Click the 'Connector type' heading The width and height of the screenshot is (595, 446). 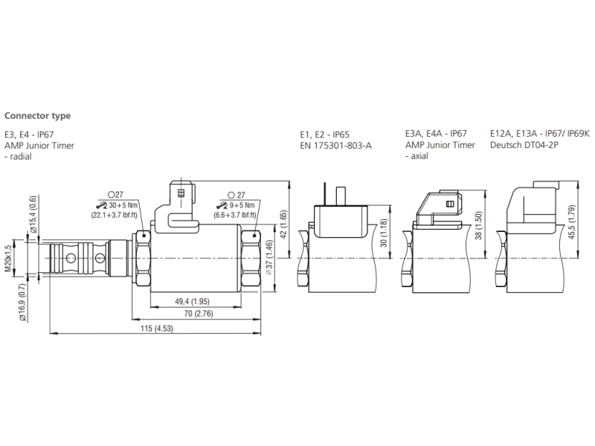pyautogui.click(x=38, y=116)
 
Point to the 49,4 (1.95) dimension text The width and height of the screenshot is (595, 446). pyautogui.click(x=192, y=302)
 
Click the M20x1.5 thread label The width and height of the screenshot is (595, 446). pyautogui.click(x=9, y=258)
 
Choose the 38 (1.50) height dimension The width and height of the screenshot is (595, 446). pyautogui.click(x=480, y=226)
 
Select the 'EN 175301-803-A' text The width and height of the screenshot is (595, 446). pyautogui.click(x=335, y=146)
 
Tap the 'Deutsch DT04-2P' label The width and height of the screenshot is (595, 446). pyautogui.click(x=524, y=146)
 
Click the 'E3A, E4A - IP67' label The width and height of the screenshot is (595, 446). pyautogui.click(x=436, y=134)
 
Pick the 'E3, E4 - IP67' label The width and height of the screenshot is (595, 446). pyautogui.click(x=29, y=134)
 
